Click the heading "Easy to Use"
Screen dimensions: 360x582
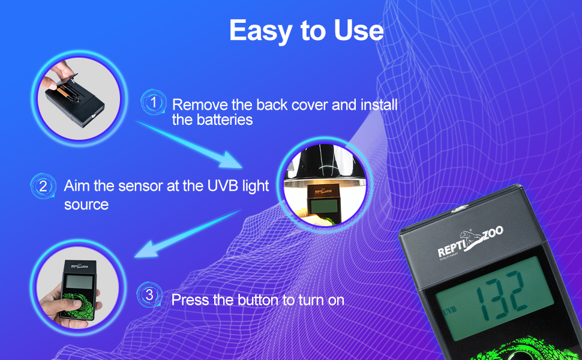[306, 31]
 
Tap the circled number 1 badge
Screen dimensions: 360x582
[154, 103]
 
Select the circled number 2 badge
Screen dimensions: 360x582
[43, 186]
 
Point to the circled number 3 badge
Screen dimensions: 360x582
[149, 295]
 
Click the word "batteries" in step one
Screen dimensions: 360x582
[224, 120]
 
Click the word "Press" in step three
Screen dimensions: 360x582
[189, 299]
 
